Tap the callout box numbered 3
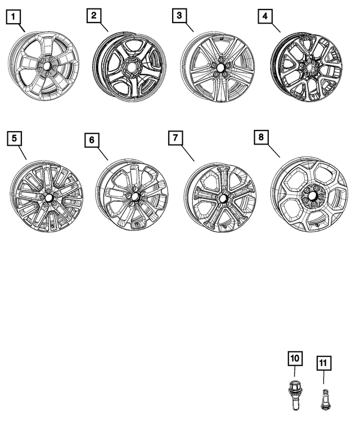[178, 16]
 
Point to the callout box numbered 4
[264, 17]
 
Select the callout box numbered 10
[295, 358]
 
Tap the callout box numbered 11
[323, 363]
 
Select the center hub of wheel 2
[130, 67]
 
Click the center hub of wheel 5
[48, 198]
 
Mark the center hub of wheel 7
[223, 198]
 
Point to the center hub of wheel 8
[310, 197]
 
